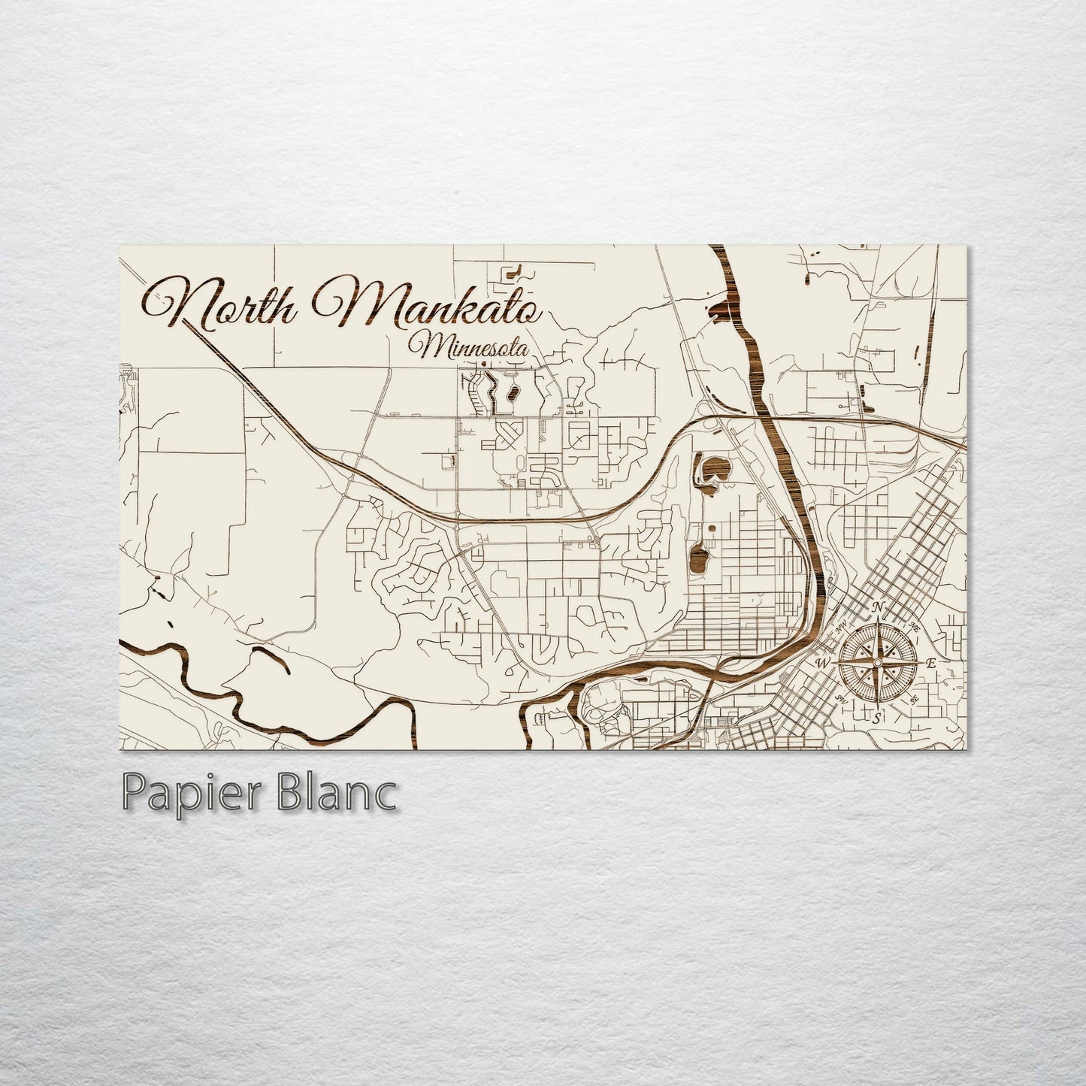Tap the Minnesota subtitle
(x=470, y=348)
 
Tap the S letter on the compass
(x=876, y=718)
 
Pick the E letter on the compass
(x=930, y=663)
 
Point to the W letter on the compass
(x=821, y=664)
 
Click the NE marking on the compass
(x=915, y=625)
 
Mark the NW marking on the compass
(x=839, y=625)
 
